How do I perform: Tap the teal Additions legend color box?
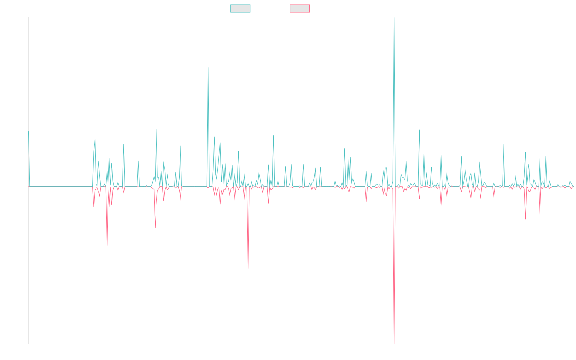tap(240, 9)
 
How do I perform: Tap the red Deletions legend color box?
tap(300, 9)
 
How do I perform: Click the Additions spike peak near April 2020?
tap(208, 68)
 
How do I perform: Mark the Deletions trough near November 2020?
tap(248, 267)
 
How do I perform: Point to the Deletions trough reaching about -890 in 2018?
tap(107, 245)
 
